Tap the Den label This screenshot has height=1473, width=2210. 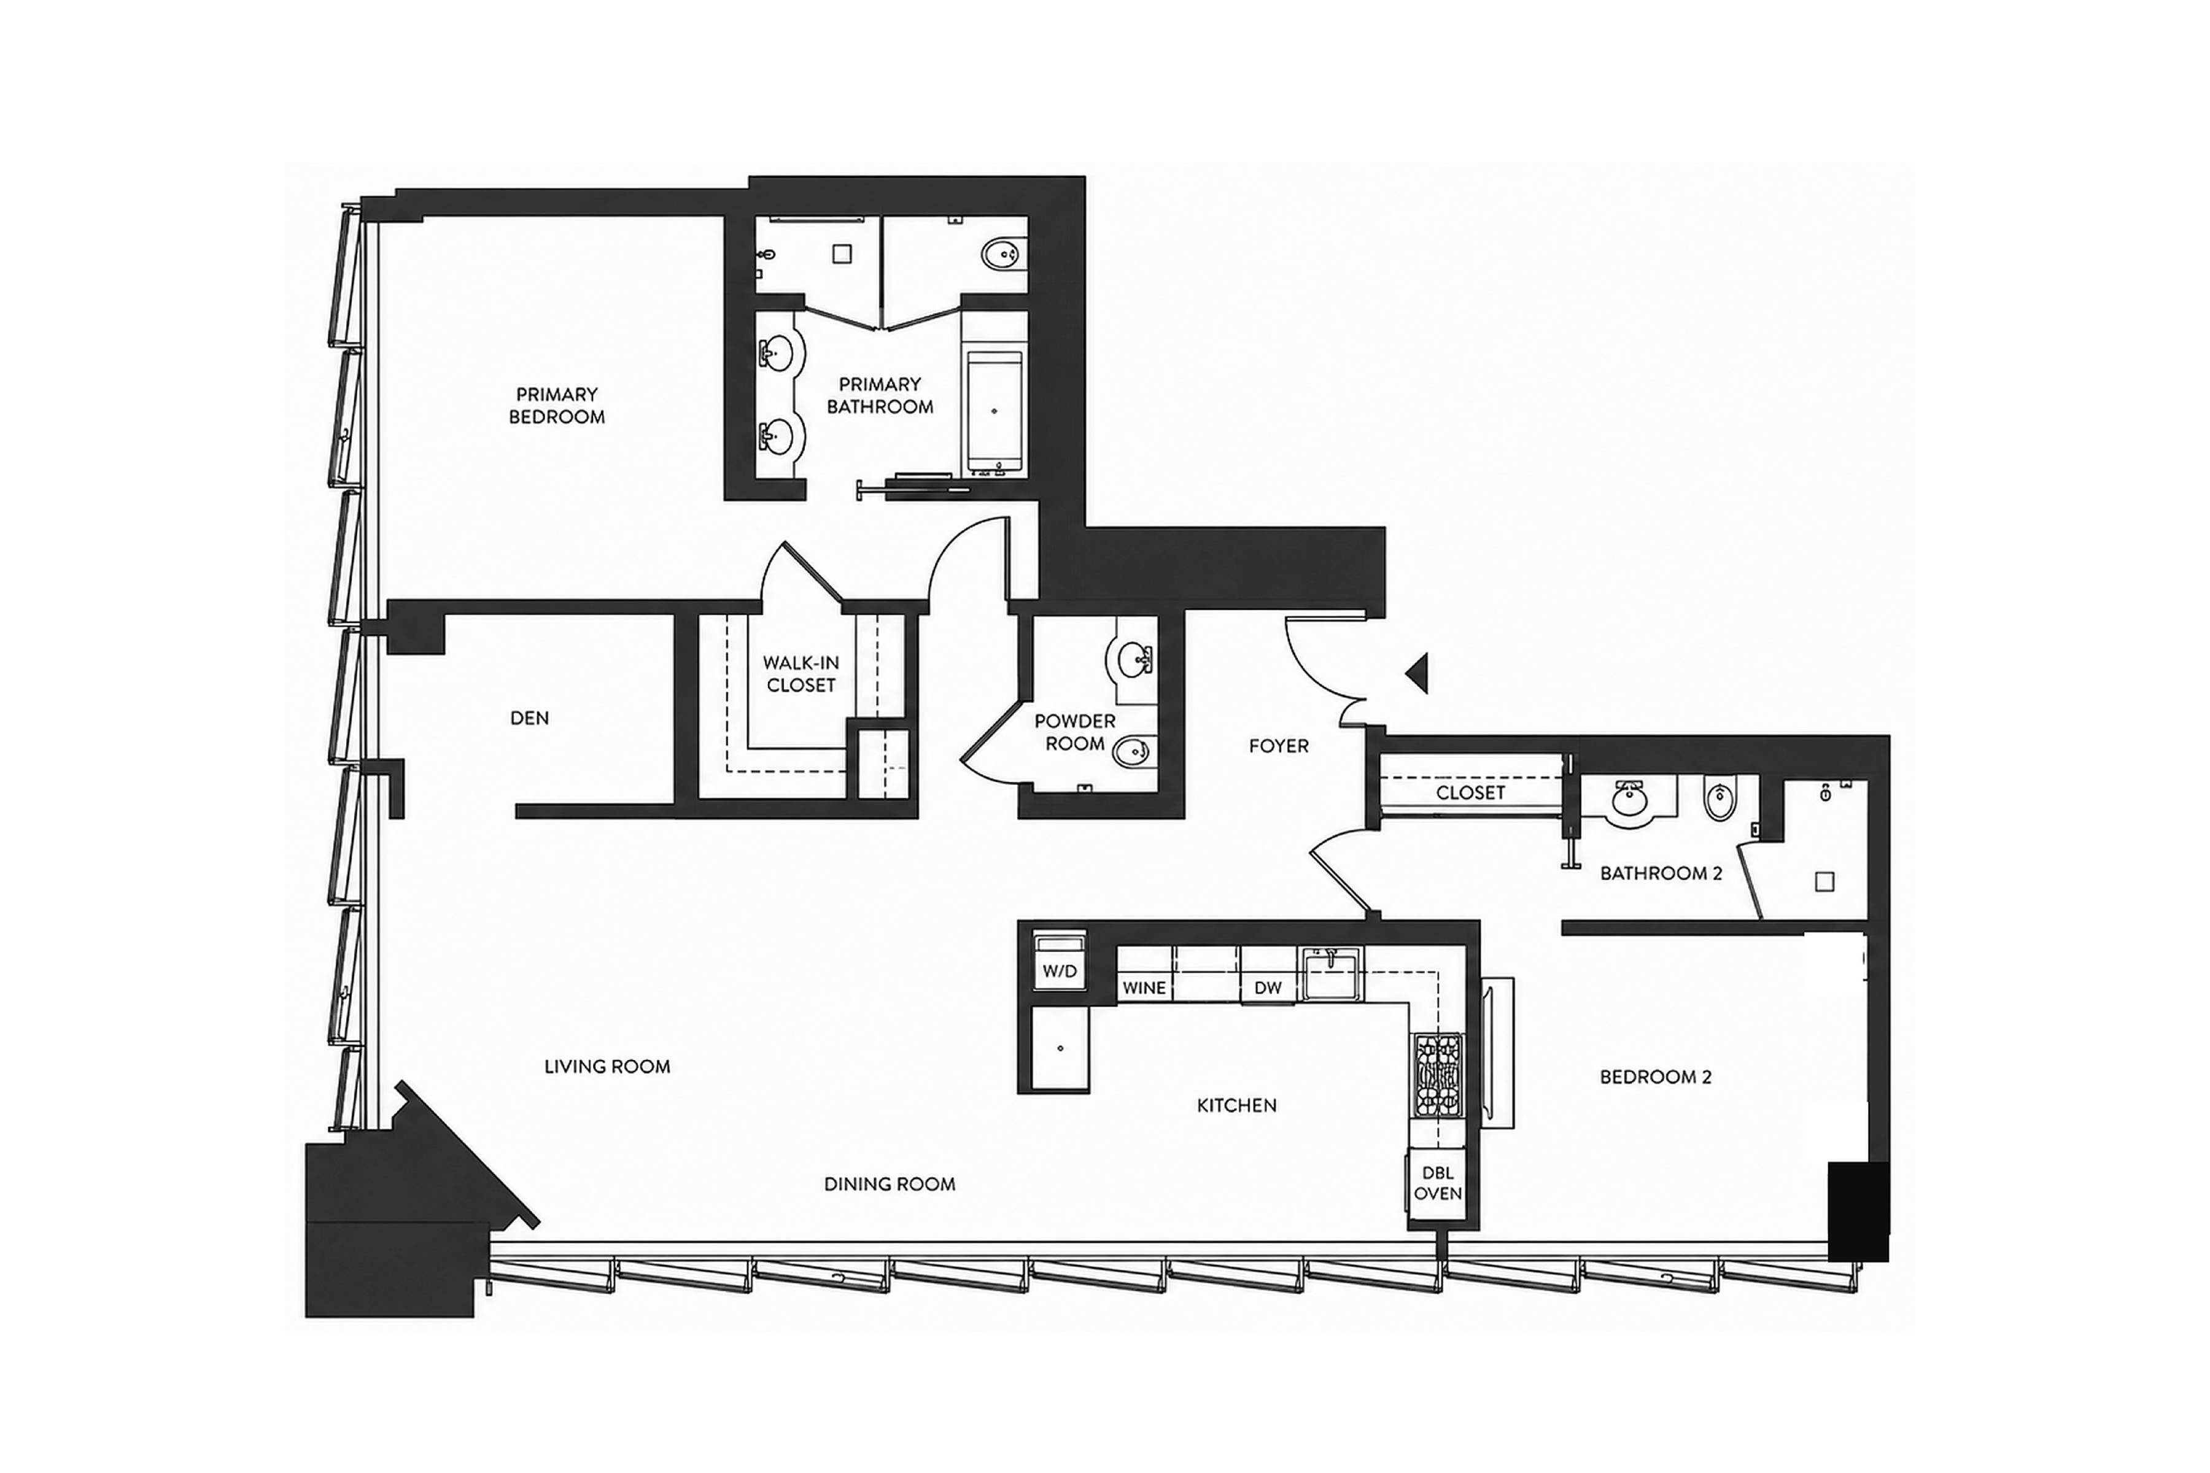529,717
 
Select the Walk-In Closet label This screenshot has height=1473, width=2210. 801,673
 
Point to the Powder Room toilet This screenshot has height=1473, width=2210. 1132,751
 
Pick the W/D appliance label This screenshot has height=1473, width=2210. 1060,972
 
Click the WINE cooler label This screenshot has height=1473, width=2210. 1144,988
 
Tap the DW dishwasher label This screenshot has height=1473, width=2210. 1268,988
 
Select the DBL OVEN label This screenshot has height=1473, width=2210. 1438,1183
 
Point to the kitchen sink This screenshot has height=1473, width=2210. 1330,974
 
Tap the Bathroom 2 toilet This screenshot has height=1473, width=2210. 1718,800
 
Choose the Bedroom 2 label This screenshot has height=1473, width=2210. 1656,1077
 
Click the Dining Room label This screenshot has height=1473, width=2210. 889,1184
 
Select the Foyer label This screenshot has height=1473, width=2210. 1278,746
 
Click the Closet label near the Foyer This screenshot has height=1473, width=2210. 1470,792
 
